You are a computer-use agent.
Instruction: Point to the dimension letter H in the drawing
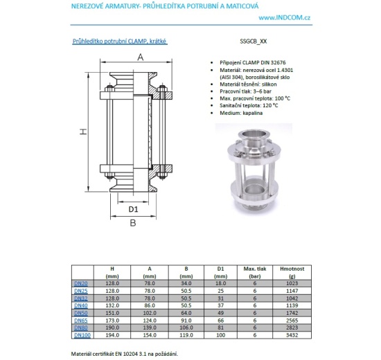coord(81,131)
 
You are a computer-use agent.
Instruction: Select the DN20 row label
coord(80,283)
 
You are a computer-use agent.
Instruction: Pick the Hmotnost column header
coord(288,268)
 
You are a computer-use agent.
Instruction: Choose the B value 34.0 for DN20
coord(186,283)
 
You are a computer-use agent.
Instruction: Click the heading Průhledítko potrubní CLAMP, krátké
coord(119,42)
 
